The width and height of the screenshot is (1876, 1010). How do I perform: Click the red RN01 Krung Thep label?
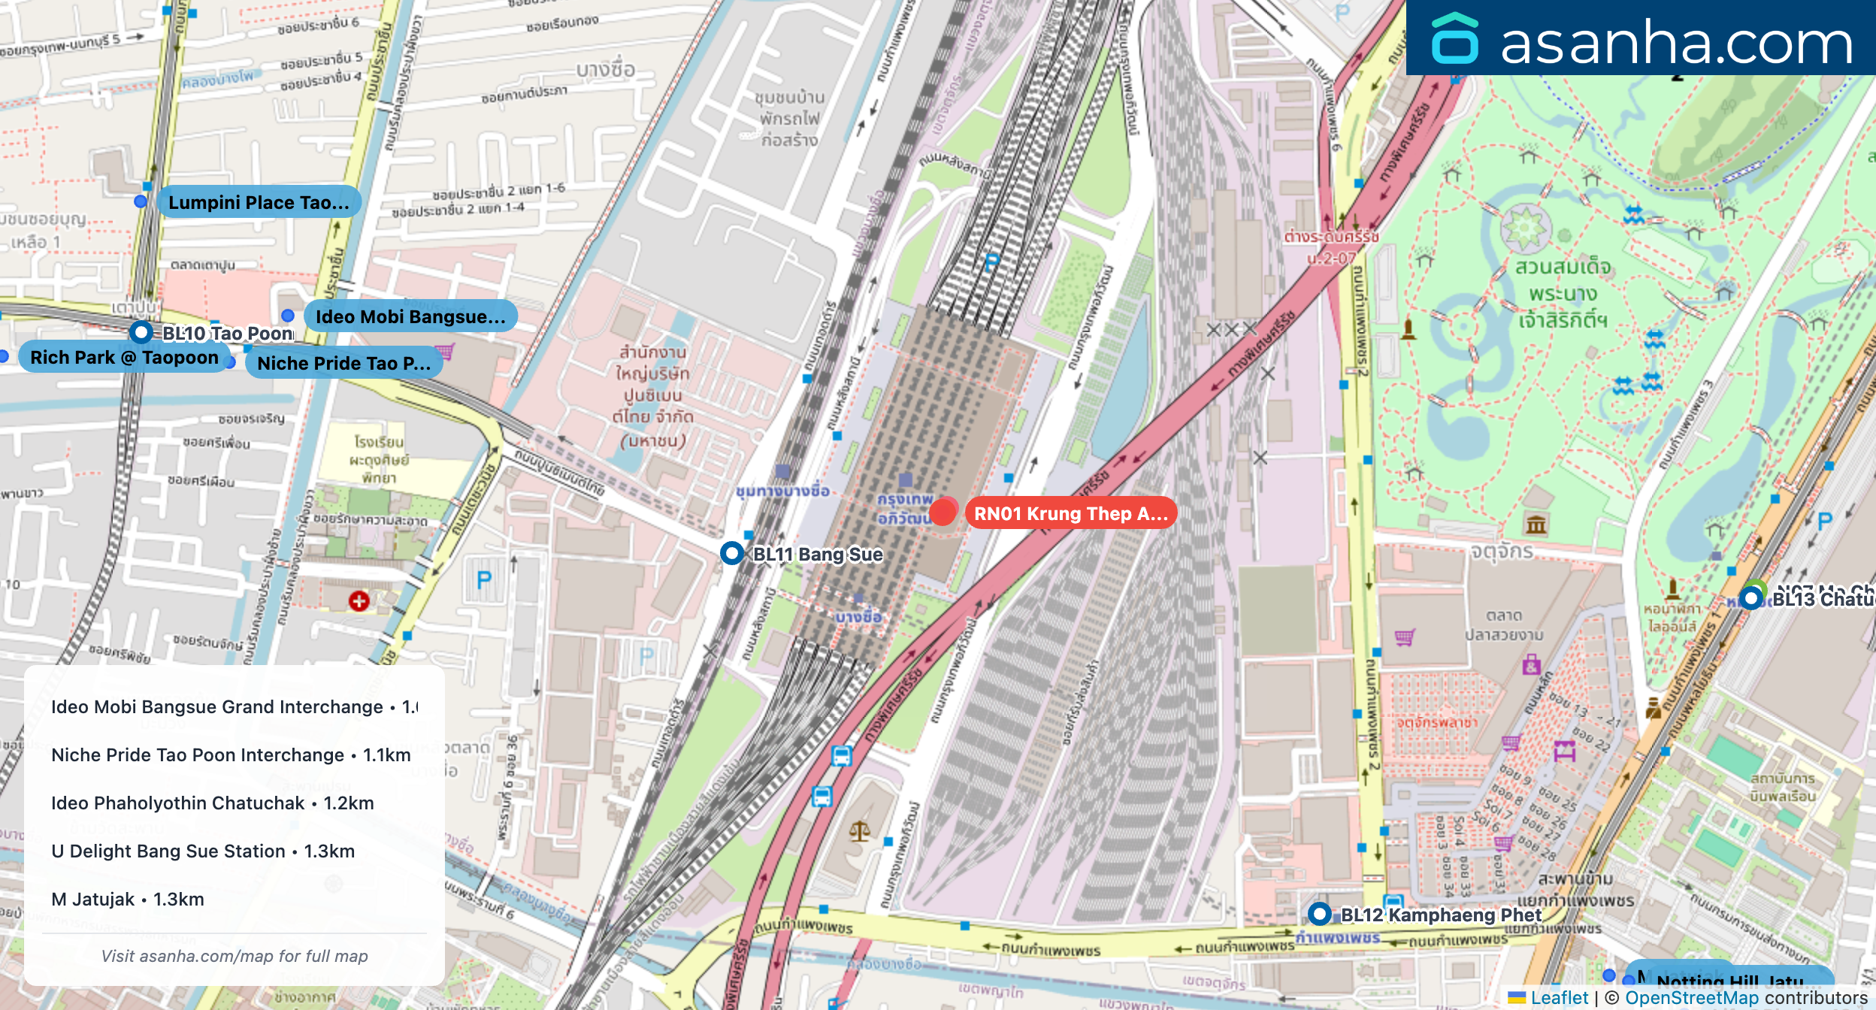click(1070, 513)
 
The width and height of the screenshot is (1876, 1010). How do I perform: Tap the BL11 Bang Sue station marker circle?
click(732, 553)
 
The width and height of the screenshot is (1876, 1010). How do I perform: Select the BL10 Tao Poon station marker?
click(141, 331)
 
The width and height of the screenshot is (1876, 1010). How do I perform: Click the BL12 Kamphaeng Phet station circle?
click(1320, 914)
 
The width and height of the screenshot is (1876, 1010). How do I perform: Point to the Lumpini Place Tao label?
click(258, 202)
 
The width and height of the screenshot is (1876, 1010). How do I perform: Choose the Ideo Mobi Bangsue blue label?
click(410, 316)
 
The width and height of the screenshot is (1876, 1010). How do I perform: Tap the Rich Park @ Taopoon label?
click(124, 357)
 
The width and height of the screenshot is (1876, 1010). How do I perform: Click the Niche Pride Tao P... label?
click(343, 363)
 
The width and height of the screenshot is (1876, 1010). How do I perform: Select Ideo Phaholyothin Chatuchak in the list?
click(212, 803)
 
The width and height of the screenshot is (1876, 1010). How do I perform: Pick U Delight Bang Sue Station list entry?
click(202, 851)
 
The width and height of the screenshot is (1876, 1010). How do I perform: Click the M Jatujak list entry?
click(127, 899)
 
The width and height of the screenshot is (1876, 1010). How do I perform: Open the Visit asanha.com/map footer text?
click(234, 956)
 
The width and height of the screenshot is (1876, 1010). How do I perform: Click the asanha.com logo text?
click(1675, 43)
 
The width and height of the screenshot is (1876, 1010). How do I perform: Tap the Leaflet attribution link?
click(1559, 997)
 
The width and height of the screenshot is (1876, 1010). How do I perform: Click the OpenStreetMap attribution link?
click(1691, 997)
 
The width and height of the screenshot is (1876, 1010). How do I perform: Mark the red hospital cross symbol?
click(359, 600)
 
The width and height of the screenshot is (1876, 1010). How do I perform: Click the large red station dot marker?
click(943, 512)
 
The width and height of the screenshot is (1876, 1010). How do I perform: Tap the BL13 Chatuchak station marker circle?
click(1751, 598)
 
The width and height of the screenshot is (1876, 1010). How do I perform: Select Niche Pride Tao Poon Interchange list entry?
click(230, 754)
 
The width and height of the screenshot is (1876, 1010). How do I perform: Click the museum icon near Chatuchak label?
click(1536, 525)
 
